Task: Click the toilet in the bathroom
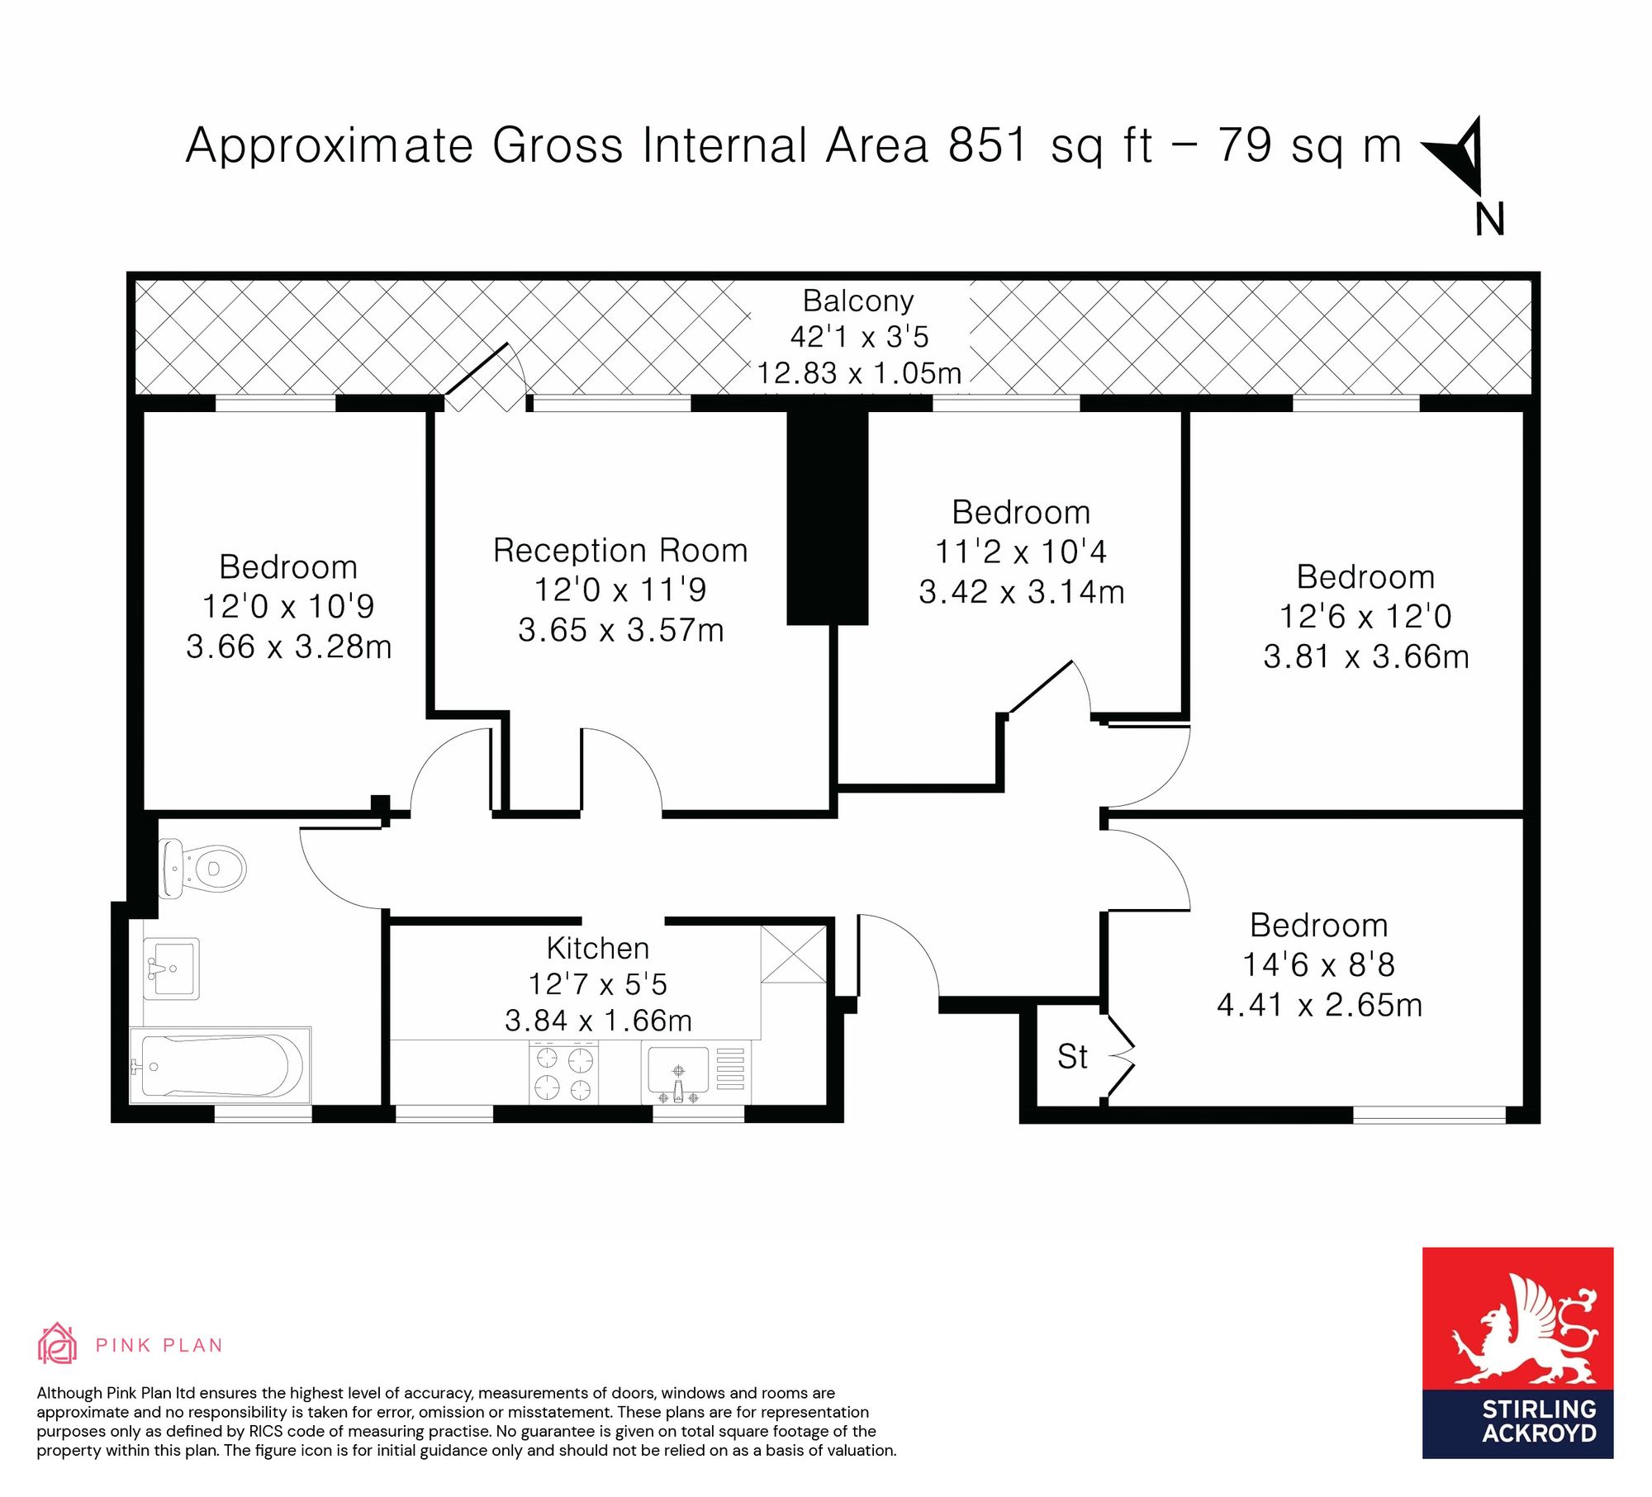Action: click(202, 869)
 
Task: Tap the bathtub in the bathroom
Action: click(220, 1065)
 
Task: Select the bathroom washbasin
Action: click(171, 968)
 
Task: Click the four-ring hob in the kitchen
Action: click(564, 1072)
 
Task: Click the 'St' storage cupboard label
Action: click(1072, 1057)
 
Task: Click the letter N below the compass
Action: click(1490, 220)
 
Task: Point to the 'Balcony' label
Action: click(858, 301)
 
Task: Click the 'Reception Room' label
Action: click(620, 550)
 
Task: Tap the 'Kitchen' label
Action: click(598, 948)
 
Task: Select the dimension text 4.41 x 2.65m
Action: click(1319, 1005)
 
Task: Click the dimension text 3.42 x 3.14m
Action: click(1022, 591)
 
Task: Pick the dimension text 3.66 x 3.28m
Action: click(288, 647)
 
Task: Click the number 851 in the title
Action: click(988, 145)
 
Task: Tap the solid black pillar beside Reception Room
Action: click(827, 518)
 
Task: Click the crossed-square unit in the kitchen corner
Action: click(793, 955)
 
